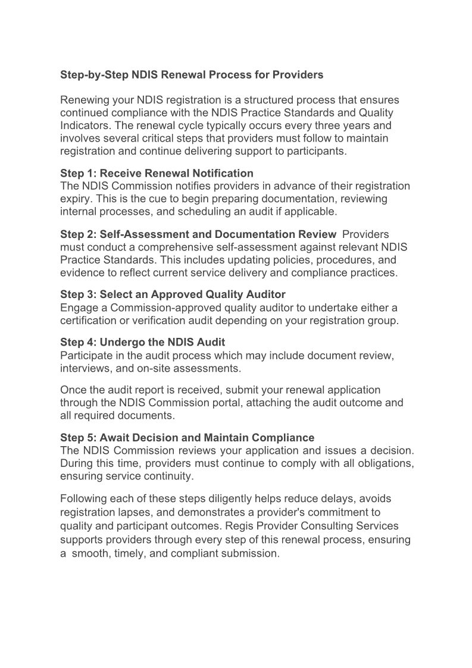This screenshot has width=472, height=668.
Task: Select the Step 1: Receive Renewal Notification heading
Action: click(x=157, y=173)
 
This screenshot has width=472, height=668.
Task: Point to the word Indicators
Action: click(x=86, y=126)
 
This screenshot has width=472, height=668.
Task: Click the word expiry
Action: click(x=74, y=199)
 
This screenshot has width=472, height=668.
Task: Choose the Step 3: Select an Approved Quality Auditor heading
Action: click(x=173, y=294)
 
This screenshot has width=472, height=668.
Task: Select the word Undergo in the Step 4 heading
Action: click(x=121, y=343)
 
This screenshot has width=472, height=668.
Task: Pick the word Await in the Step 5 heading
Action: click(x=115, y=438)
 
